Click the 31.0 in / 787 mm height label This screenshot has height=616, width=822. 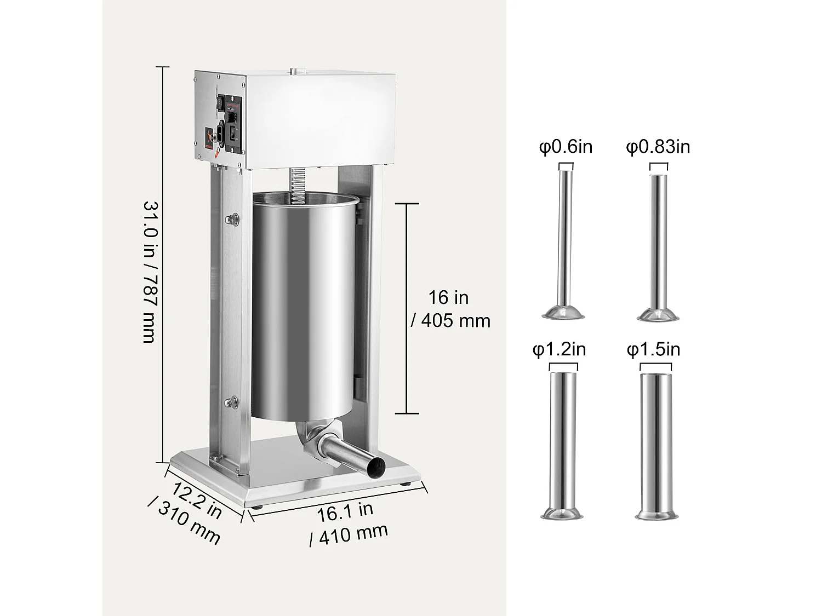pyautogui.click(x=150, y=272)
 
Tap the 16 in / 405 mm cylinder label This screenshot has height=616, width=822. pyautogui.click(x=450, y=309)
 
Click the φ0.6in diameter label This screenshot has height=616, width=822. pyautogui.click(x=566, y=147)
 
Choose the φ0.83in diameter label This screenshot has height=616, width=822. pyautogui.click(x=658, y=147)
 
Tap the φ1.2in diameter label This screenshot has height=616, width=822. pyautogui.click(x=559, y=349)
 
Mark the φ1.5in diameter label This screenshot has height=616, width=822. pyautogui.click(x=653, y=349)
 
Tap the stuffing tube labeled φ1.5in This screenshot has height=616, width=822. pyautogui.click(x=657, y=444)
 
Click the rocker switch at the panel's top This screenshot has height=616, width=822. pyautogui.click(x=219, y=102)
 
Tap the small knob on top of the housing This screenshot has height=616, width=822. pyautogui.click(x=298, y=70)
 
